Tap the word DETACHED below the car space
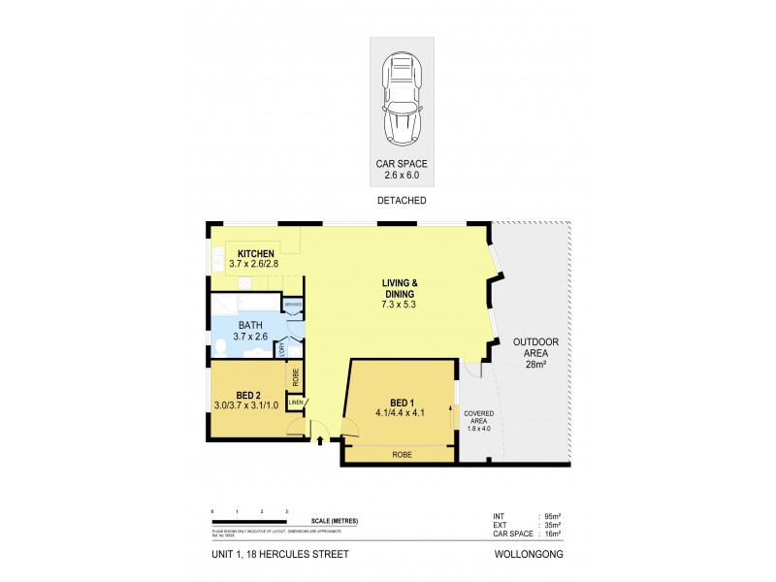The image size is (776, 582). click(401, 201)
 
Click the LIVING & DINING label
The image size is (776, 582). click(398, 288)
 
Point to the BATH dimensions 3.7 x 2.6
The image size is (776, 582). click(250, 337)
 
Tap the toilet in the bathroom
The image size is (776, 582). click(220, 344)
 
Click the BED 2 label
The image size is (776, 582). click(246, 395)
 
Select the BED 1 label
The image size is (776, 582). click(402, 401)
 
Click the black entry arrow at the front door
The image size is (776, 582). click(320, 442)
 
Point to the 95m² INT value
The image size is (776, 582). click(553, 517)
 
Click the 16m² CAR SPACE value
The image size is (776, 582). click(553, 533)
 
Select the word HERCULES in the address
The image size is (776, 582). click(286, 556)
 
